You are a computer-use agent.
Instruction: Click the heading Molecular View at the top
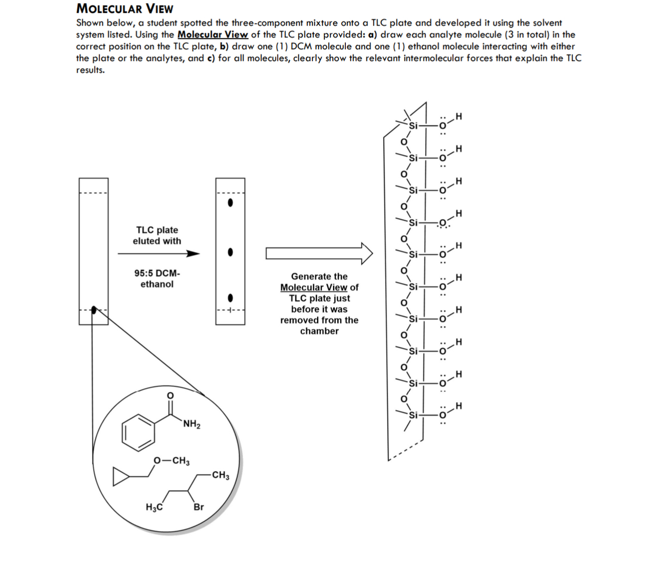click(x=124, y=8)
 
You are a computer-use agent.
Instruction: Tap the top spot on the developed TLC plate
click(x=230, y=203)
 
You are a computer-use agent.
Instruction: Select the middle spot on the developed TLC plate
click(x=230, y=252)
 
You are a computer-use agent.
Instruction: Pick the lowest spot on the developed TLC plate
click(x=230, y=298)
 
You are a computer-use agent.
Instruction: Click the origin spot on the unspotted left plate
click(x=94, y=309)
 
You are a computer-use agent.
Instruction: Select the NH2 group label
click(x=191, y=424)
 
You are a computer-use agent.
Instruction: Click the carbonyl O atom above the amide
click(x=170, y=395)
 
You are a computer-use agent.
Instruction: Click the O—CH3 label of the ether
click(x=172, y=460)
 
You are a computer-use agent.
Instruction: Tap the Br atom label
click(x=199, y=507)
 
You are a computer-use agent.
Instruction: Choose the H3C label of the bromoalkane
click(x=154, y=507)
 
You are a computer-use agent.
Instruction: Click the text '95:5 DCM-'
click(x=157, y=273)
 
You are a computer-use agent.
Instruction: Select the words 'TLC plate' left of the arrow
click(x=157, y=230)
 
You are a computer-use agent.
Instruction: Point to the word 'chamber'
click(x=319, y=331)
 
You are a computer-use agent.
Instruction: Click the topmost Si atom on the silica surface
click(x=413, y=125)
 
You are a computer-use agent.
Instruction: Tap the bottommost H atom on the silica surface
click(x=458, y=406)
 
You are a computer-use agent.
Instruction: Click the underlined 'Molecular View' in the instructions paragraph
click(x=212, y=35)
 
